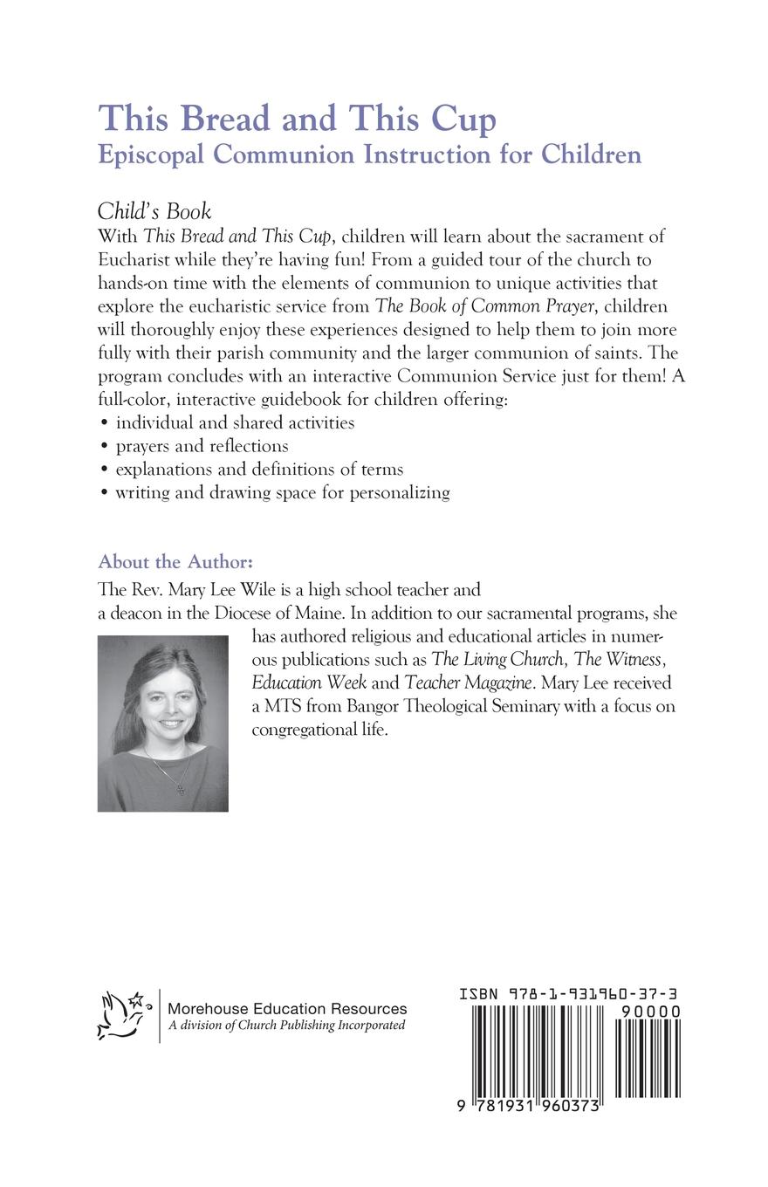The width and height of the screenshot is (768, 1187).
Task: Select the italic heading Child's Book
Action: click(x=154, y=212)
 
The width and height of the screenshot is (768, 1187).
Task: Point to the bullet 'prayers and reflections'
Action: click(x=202, y=446)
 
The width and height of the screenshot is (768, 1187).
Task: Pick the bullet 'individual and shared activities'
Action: click(x=235, y=422)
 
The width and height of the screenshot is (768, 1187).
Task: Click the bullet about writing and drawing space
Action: click(x=282, y=492)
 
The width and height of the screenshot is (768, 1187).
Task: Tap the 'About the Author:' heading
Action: click(x=175, y=561)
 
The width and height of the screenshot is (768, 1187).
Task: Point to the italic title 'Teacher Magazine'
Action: click(x=469, y=682)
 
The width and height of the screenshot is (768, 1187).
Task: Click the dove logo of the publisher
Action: click(x=121, y=1014)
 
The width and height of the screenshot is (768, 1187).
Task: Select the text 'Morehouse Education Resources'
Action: click(x=287, y=1008)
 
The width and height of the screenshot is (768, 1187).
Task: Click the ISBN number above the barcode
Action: click(x=569, y=994)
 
